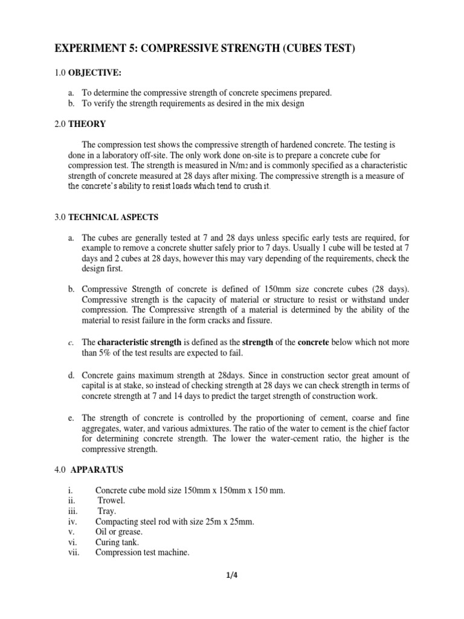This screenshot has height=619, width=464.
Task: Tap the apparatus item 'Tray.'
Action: click(109, 511)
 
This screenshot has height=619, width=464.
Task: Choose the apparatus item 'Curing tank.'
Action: click(117, 542)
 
